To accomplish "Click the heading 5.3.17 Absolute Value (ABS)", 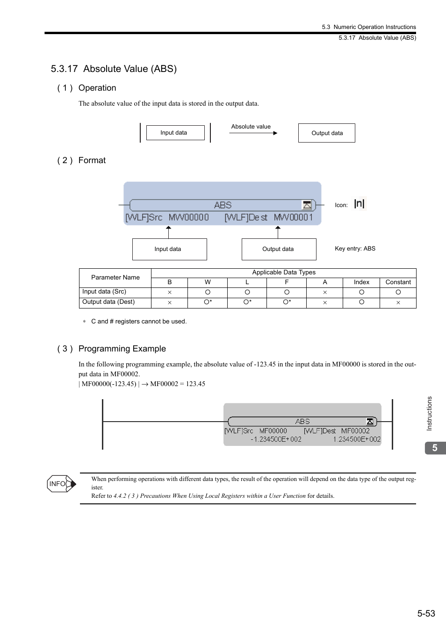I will pyautogui.click(x=114, y=69).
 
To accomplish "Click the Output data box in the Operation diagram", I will pyautogui.click(x=326, y=133).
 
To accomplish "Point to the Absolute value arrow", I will pyautogui.click(x=253, y=133).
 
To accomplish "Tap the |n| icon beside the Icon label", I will pyautogui.click(x=359, y=204).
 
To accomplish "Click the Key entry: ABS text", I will pyautogui.click(x=355, y=249).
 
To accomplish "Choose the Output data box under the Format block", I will pyautogui.click(x=279, y=249).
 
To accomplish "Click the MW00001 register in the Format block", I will pyautogui.click(x=293, y=217).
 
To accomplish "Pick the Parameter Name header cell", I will pyautogui.click(x=115, y=278).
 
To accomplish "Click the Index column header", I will pyautogui.click(x=361, y=282).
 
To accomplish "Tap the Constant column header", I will pyautogui.click(x=398, y=282).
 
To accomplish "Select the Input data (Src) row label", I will pyautogui.click(x=104, y=292).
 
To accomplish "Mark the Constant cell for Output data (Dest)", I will pyautogui.click(x=398, y=302).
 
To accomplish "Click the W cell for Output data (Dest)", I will pyautogui.click(x=208, y=302).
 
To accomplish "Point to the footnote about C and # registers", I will pyautogui.click(x=138, y=322).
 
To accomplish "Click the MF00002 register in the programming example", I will pyautogui.click(x=355, y=431).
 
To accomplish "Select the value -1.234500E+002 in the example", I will pyautogui.click(x=276, y=439).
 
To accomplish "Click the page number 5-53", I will pyautogui.click(x=426, y=613).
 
